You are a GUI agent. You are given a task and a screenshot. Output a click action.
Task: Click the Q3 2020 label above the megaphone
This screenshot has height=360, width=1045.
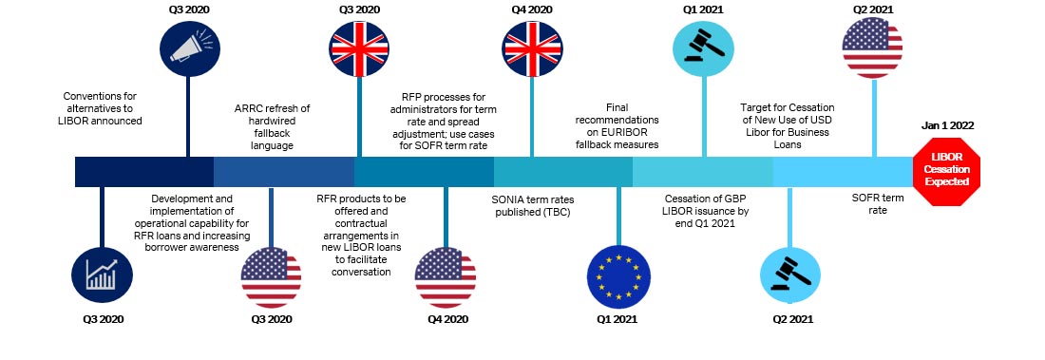[187, 9]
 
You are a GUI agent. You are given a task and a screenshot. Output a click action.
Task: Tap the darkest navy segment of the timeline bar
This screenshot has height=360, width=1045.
[143, 171]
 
